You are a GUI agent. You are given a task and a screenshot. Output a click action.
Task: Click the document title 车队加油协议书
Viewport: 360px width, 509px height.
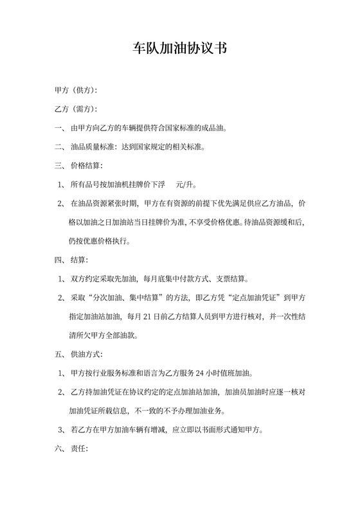coord(179,49)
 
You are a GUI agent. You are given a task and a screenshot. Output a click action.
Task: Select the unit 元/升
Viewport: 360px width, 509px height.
coord(184,185)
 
